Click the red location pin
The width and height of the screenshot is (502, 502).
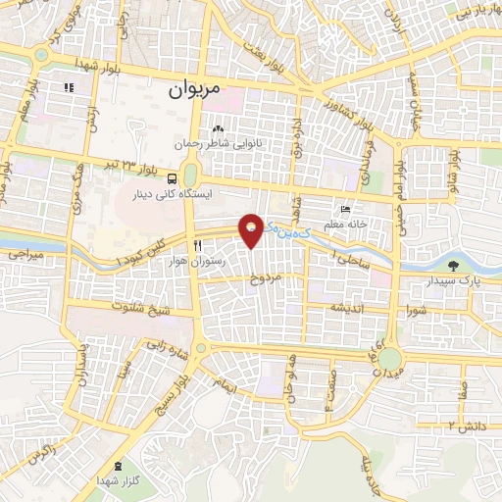(252, 229)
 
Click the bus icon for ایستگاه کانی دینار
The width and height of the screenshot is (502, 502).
(173, 178)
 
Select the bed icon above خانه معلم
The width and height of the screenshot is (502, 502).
(344, 210)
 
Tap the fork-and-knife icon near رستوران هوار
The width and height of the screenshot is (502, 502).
(198, 246)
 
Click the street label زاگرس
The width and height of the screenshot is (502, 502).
(39, 455)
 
